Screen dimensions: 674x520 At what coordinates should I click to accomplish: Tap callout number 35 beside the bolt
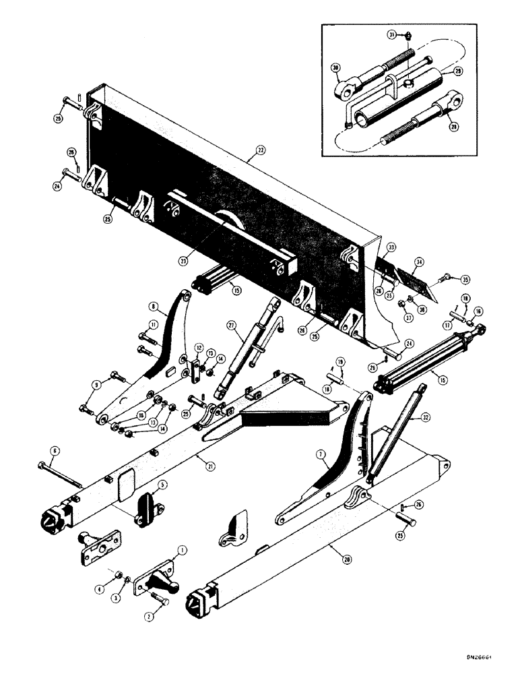tap(463, 277)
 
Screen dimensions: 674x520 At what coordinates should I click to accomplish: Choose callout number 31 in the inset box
tap(391, 35)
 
